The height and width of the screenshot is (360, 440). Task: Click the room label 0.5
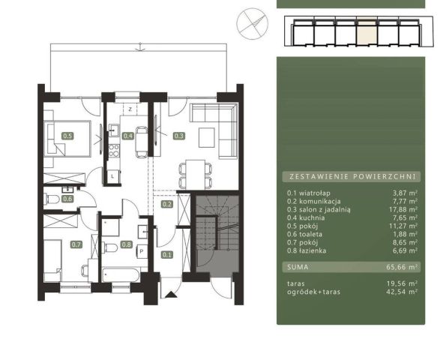pos(67,136)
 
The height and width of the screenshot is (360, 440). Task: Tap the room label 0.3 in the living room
pos(178,136)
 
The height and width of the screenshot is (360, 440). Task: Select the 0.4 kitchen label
pos(127,136)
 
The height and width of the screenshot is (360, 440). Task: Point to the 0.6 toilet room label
pos(67,199)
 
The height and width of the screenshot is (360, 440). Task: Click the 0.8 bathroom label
pos(126,244)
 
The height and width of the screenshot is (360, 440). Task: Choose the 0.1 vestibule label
pos(167,255)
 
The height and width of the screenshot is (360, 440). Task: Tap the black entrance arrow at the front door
pos(171,295)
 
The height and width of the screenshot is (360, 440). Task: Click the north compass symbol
pos(253,23)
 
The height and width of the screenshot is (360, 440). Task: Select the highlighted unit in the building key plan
pos(367,33)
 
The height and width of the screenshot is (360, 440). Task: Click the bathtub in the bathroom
pos(121,274)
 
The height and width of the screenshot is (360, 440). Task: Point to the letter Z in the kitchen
pos(130,109)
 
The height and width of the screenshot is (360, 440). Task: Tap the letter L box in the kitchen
pos(113,177)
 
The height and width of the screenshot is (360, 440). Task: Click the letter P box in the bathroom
pos(142,251)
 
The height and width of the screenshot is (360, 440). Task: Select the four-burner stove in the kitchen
pos(114,150)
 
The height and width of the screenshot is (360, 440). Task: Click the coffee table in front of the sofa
pos(207,137)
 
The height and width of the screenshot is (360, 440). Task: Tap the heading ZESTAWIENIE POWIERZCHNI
pos(352,177)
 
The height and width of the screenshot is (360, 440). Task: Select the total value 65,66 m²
pos(402,267)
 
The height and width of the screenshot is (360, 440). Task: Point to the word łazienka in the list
pos(313,250)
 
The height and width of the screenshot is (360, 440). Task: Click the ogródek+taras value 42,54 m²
pos(402,292)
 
